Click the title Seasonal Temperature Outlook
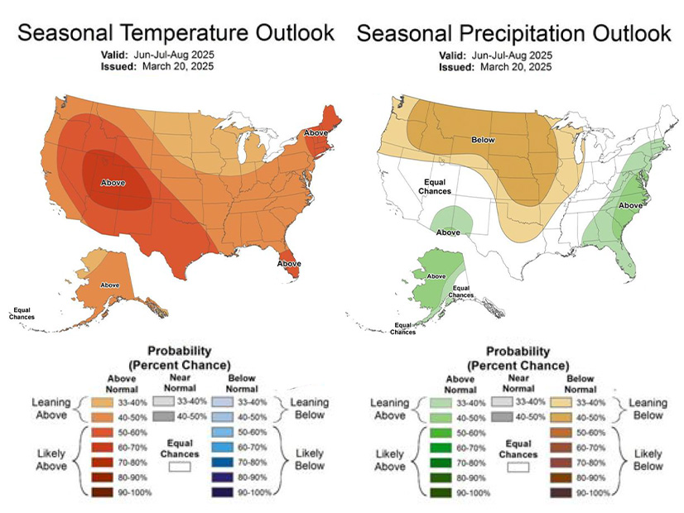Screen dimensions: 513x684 pyautogui.click(x=176, y=33)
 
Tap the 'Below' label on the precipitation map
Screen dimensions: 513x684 pyautogui.click(x=483, y=140)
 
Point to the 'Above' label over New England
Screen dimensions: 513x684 pyautogui.click(x=316, y=132)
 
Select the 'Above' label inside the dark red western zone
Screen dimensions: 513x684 pyautogui.click(x=113, y=182)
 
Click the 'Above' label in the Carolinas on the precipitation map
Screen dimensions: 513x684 pyautogui.click(x=632, y=205)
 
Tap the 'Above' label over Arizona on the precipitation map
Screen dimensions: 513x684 pyautogui.click(x=448, y=233)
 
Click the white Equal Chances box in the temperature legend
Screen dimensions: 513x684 pyautogui.click(x=180, y=466)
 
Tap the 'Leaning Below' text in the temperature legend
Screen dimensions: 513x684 pyautogui.click(x=308, y=409)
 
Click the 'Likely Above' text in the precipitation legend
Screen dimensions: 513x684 pyautogui.click(x=389, y=461)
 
